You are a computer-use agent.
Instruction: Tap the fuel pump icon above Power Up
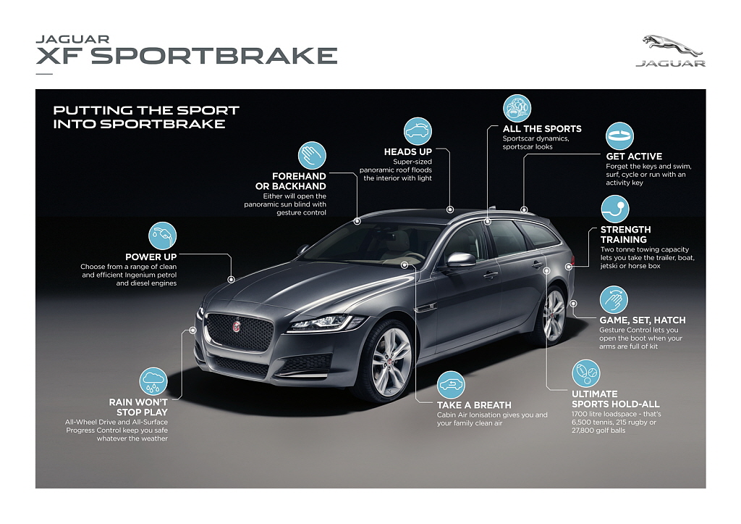click(x=163, y=236)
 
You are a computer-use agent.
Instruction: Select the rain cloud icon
click(x=153, y=381)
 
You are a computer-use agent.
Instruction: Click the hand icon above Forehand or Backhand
click(x=312, y=155)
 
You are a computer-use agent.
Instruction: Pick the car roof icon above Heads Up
click(x=418, y=131)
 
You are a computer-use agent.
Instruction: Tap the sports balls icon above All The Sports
click(x=517, y=109)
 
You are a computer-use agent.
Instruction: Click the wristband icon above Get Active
click(x=619, y=136)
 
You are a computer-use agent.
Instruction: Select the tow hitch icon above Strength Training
click(x=615, y=209)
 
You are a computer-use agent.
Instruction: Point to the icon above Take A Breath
click(x=451, y=384)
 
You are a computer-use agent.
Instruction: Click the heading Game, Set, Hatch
click(x=643, y=320)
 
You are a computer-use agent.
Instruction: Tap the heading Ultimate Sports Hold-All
click(x=615, y=399)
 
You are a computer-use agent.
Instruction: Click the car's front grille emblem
click(x=237, y=326)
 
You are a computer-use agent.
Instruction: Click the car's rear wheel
click(x=554, y=315)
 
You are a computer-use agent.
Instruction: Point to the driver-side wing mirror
click(x=461, y=260)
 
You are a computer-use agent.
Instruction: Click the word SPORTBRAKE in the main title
click(x=214, y=56)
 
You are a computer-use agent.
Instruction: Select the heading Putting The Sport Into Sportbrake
click(x=146, y=117)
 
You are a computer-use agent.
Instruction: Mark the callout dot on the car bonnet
click(x=231, y=280)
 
